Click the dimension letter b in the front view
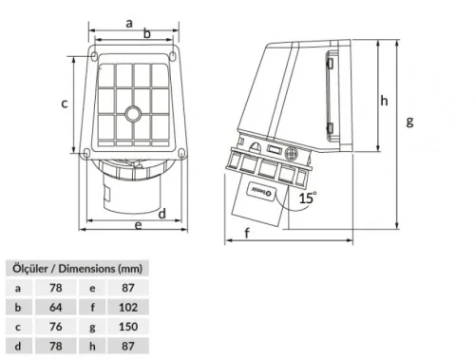[146, 33]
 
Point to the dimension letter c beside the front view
[65, 104]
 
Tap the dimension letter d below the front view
[162, 213]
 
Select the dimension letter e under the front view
[138, 225]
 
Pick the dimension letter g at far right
[409, 122]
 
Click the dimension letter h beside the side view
[385, 100]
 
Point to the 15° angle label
[307, 198]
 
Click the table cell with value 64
[55, 308]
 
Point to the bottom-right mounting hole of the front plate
[175, 152]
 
